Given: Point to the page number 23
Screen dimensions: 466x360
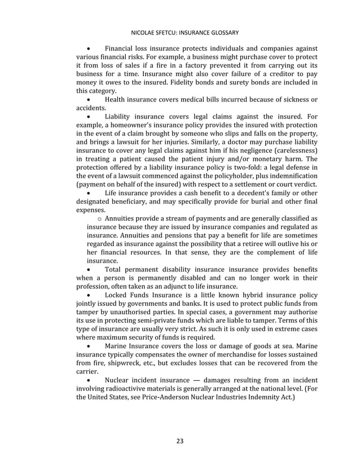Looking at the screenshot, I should [180, 441].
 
